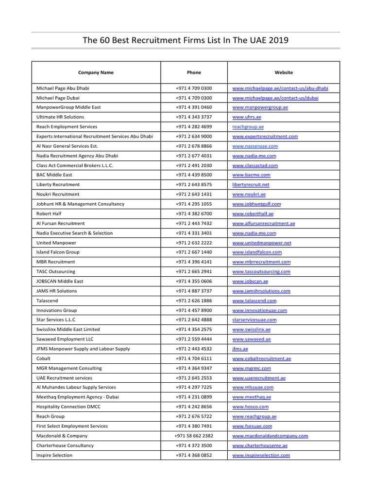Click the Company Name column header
point(96,72)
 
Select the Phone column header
point(194,72)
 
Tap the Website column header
point(284,72)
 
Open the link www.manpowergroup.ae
point(260,107)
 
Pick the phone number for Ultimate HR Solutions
point(194,117)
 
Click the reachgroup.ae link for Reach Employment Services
point(248,127)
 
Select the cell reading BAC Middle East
point(54,175)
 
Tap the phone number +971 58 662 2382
point(194,436)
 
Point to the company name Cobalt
point(44,358)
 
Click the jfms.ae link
point(240,349)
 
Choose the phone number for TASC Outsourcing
point(194,271)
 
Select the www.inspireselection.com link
point(261,455)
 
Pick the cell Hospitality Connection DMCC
point(67,407)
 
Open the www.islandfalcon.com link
point(257,252)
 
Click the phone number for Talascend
point(194,301)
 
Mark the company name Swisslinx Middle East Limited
point(68,329)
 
